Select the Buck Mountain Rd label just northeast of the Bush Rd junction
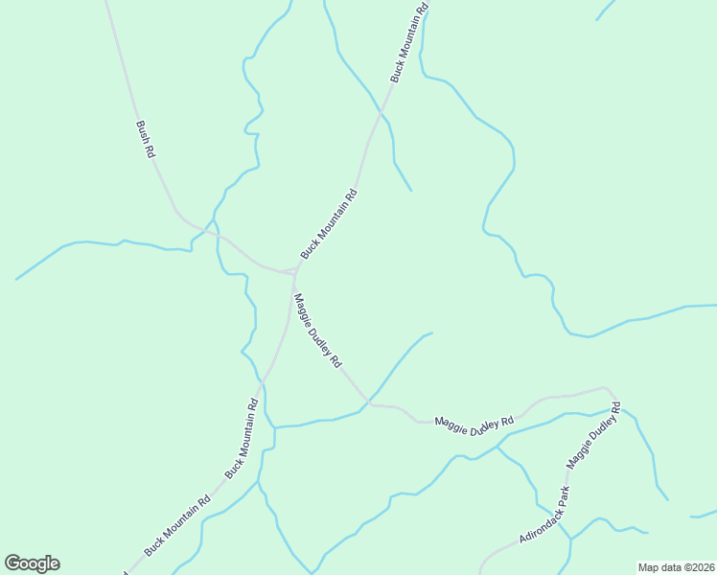pos(329,223)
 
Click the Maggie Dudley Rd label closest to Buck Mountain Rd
pos(317,332)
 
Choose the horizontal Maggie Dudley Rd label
pos(474,424)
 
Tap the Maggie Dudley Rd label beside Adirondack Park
pos(593,438)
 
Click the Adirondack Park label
pos(544,516)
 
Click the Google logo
pos(32,563)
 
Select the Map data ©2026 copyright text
pos(676,567)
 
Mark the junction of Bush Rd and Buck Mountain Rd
pos(294,271)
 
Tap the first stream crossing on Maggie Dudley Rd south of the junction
pos(367,399)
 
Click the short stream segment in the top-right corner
pos(604,10)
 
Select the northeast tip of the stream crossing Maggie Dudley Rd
pos(431,333)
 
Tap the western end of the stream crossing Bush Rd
pos(17,279)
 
